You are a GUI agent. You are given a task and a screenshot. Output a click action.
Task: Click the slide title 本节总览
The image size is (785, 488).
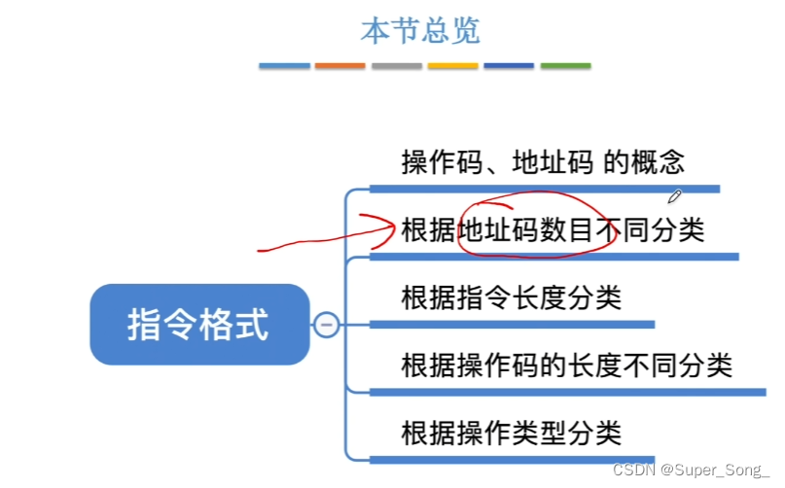click(420, 30)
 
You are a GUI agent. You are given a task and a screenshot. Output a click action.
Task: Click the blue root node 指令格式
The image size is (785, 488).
click(198, 325)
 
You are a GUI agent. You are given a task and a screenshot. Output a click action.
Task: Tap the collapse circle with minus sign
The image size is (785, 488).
click(327, 325)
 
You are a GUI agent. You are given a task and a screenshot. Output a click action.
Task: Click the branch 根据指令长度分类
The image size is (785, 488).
click(511, 296)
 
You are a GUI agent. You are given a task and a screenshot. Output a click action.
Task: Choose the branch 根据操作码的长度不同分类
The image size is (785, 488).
click(566, 366)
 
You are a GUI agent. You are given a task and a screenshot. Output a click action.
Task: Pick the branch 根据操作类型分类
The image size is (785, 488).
click(511, 432)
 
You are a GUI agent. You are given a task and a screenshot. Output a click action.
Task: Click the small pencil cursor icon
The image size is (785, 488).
click(675, 197)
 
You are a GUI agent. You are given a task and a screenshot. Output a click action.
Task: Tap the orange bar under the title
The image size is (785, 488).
click(340, 66)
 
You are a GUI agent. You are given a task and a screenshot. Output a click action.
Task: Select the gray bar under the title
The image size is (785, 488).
click(397, 66)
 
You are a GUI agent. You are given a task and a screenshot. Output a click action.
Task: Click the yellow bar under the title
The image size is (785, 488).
click(453, 66)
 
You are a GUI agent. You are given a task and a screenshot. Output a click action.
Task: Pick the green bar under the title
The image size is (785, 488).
click(565, 66)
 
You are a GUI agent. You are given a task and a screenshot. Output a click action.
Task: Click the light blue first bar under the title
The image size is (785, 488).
click(284, 66)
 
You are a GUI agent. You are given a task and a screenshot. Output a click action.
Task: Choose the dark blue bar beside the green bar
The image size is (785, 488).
click(509, 66)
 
